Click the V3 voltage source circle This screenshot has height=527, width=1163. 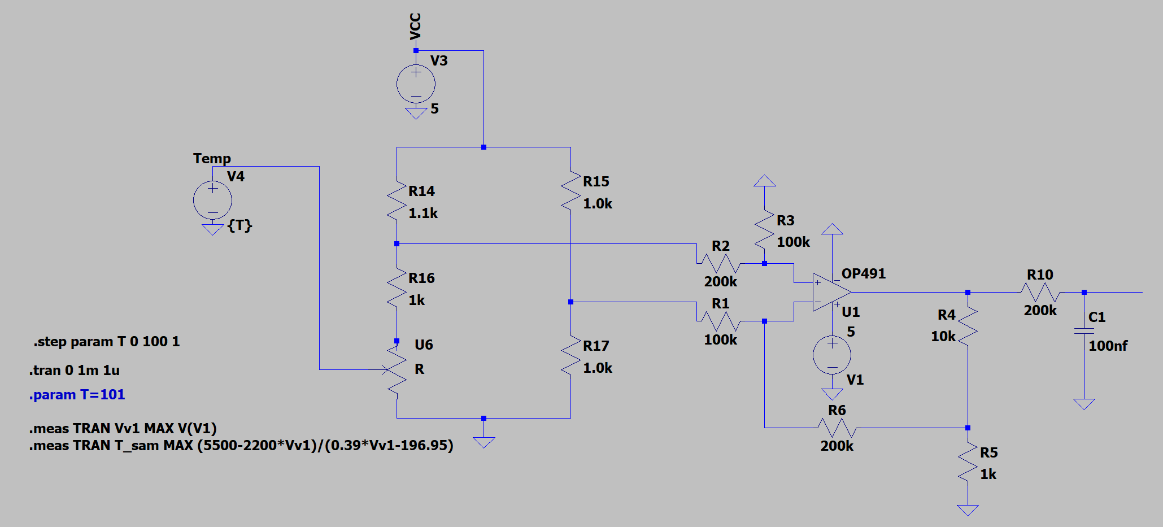(x=416, y=84)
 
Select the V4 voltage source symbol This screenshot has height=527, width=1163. (x=212, y=200)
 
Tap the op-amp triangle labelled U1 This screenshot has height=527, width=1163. (x=832, y=292)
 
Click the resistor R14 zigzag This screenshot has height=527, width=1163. (x=397, y=201)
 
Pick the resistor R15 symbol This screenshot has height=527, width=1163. (x=571, y=191)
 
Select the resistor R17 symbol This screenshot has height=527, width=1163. (x=571, y=355)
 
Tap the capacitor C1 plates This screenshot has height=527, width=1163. (x=1084, y=330)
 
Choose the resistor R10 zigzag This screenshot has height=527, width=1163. (x=1040, y=292)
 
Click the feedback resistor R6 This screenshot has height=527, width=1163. (x=837, y=428)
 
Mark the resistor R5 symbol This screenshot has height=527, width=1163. (x=968, y=462)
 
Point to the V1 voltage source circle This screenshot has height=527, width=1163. (x=832, y=355)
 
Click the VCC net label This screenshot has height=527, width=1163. (x=415, y=26)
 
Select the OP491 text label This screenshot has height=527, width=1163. (x=864, y=274)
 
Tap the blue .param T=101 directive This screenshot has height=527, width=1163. (x=77, y=394)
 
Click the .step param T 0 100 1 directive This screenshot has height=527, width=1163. (x=106, y=342)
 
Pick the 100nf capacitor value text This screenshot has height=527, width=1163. (x=1108, y=346)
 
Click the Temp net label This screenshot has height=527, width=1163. (x=212, y=158)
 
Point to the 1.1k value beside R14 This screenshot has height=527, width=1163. (x=423, y=213)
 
